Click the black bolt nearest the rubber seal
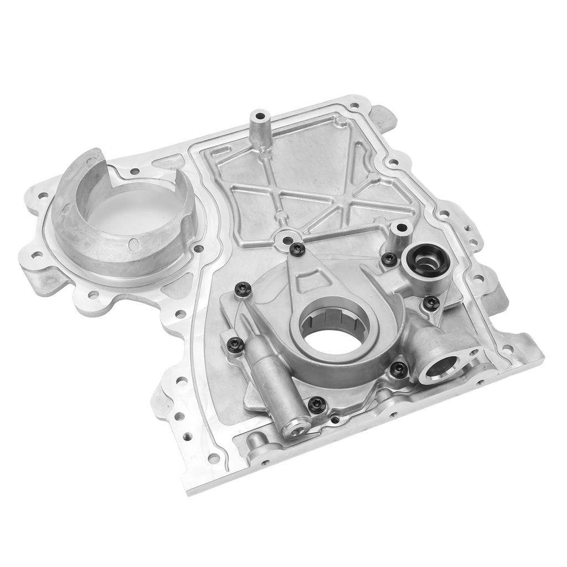point(390,257)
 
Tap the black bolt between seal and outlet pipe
point(431,302)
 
